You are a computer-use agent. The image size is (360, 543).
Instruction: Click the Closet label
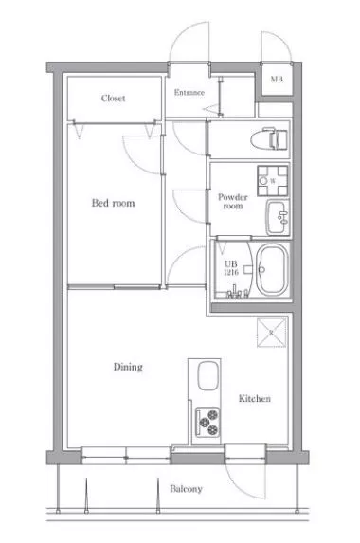pos(113,98)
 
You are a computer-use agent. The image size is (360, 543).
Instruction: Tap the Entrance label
pos(189,93)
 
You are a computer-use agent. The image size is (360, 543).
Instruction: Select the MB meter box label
pos(277,79)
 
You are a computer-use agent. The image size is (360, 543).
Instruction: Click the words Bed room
pos(113,203)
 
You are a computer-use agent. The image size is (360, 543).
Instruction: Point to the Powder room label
pos(233,202)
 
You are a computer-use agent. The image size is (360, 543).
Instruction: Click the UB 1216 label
pos(231,268)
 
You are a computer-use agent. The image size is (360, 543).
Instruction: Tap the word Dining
pos(128,367)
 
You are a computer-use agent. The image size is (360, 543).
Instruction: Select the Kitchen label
pos(255,398)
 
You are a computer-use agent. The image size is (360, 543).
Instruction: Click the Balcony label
pos(186,489)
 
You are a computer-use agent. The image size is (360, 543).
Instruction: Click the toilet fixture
pos(269,139)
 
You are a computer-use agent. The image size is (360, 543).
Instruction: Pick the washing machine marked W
pos(273,180)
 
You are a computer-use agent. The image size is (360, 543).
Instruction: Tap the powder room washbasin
pos(278,217)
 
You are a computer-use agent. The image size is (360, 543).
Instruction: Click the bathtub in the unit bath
pos(274,270)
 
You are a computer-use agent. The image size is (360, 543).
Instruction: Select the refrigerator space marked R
pos(272,333)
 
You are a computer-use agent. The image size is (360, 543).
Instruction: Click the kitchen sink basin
pos(208,375)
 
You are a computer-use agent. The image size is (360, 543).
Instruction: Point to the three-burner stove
pos(207,422)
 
